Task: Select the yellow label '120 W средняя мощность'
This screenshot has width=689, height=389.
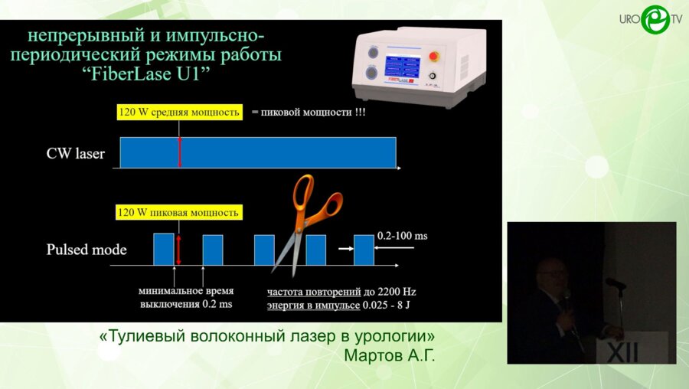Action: pos(179,112)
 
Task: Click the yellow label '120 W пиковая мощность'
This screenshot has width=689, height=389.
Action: pos(178,212)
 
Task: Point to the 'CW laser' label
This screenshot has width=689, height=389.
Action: pos(76,154)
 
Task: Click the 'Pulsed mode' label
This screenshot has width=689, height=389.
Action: pos(87,250)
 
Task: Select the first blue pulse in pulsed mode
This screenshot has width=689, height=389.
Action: pos(164,249)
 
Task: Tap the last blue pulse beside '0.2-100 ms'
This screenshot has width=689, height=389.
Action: pos(364,250)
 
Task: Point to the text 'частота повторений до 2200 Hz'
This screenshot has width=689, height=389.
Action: pos(341,292)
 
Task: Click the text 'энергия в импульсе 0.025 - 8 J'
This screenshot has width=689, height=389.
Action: pos(341,306)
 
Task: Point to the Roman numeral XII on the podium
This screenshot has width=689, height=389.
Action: pos(622,351)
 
